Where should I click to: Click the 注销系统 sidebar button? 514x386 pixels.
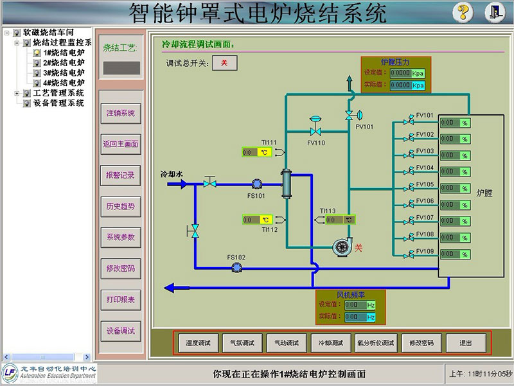[121, 113]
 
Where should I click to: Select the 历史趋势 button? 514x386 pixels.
[121, 206]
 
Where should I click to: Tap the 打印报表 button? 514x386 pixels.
[121, 300]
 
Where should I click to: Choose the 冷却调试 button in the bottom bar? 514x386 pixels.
[331, 343]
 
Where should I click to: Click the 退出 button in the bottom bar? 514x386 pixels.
[466, 343]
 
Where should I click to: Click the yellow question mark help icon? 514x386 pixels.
[463, 12]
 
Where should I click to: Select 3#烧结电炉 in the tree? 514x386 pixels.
[64, 73]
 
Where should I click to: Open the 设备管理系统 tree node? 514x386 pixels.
[58, 103]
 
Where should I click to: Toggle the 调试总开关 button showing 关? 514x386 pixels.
[224, 62]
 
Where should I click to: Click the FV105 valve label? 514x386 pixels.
[425, 184]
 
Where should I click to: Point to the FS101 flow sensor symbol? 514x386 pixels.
[257, 184]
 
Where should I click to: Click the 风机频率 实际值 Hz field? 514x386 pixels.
[360, 317]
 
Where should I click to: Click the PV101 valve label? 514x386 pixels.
[364, 127]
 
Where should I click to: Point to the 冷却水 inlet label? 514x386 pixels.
[172, 173]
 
